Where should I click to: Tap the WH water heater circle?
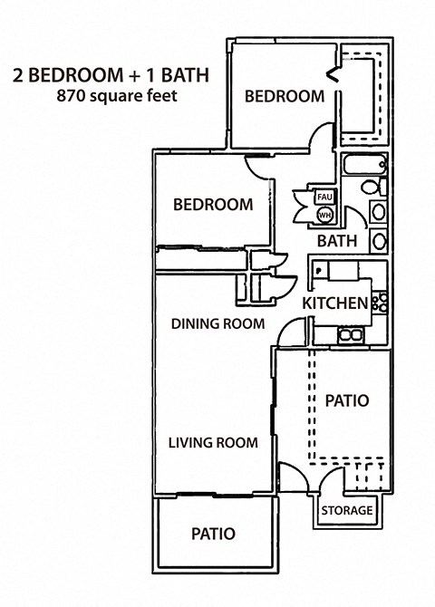[324, 214]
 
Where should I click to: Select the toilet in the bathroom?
[370, 188]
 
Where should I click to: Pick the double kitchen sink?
[349, 335]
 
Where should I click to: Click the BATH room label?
[336, 242]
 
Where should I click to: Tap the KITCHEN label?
[334, 303]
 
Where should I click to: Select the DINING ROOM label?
[217, 323]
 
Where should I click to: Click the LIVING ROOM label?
[213, 443]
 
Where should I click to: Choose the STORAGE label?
[346, 510]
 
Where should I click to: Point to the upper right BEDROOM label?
[284, 96]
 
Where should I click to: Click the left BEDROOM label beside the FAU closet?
[213, 205]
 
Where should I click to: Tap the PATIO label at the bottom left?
[213, 534]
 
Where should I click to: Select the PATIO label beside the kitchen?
[346, 400]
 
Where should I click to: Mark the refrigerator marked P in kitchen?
[321, 271]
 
